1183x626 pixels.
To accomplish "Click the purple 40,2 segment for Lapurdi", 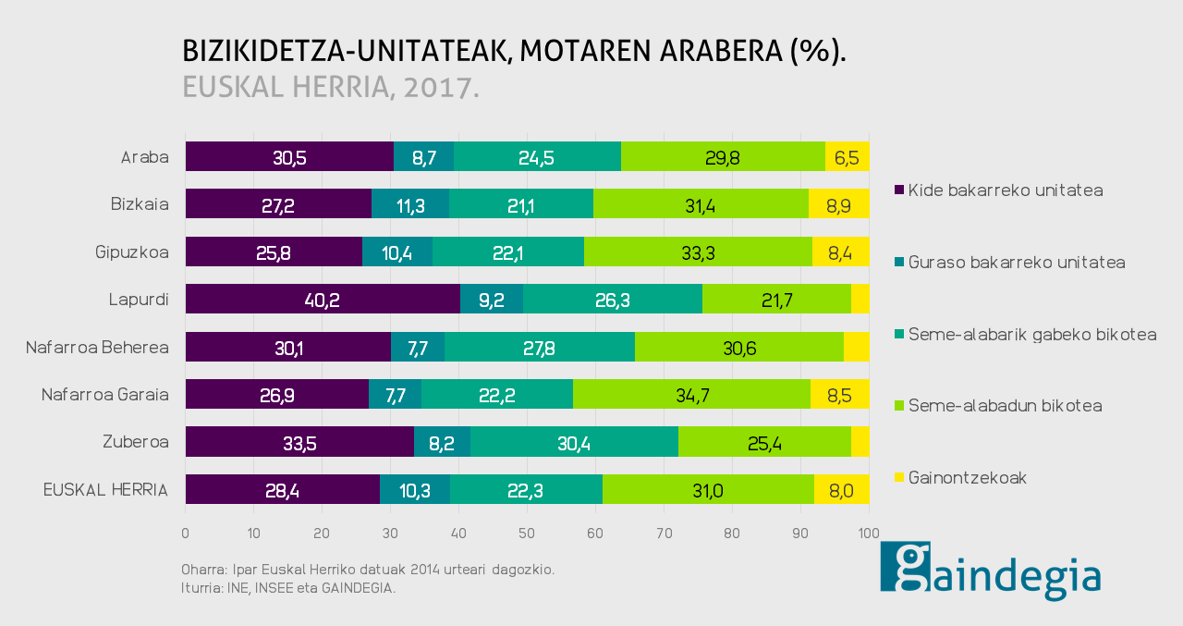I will (x=323, y=300).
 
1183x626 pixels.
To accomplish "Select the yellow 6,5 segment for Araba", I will (x=847, y=157).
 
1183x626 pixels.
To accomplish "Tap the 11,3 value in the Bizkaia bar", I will (x=410, y=204).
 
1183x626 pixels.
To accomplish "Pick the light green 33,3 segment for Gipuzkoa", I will (x=698, y=252).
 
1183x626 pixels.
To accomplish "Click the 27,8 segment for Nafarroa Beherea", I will (x=540, y=347).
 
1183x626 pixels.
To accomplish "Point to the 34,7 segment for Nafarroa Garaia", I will (x=691, y=395).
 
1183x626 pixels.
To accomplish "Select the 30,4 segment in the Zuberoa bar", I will (x=574, y=443).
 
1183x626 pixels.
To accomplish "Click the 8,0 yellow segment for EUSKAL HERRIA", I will (x=841, y=490).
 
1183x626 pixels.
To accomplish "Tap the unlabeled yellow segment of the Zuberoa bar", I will (x=860, y=443).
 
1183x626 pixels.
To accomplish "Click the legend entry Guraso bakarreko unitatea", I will (x=1017, y=263).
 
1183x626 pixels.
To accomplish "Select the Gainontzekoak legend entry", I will (x=968, y=478).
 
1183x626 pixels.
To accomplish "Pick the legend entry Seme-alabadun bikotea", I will (x=1006, y=406).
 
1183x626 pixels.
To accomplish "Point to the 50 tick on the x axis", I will (x=527, y=534).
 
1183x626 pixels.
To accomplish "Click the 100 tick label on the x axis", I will (x=868, y=534).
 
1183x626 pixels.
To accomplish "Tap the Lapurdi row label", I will (x=139, y=300).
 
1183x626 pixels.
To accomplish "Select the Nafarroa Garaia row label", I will (x=105, y=395).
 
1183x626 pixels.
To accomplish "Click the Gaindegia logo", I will (x=990, y=571).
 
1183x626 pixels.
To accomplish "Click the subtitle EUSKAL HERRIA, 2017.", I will (x=331, y=86).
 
